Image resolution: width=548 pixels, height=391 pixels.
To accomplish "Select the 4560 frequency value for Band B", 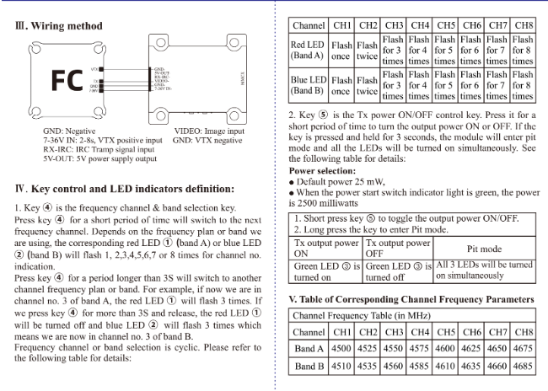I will tap(393, 367).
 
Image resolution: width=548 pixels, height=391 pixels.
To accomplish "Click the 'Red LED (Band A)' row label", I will tap(308, 51).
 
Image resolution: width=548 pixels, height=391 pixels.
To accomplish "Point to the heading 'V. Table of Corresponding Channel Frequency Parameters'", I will tap(411, 299).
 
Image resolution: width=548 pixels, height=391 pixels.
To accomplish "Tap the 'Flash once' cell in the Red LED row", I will tap(341, 51).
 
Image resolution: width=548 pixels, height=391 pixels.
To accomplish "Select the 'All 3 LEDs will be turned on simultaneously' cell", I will tap(484, 270).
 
